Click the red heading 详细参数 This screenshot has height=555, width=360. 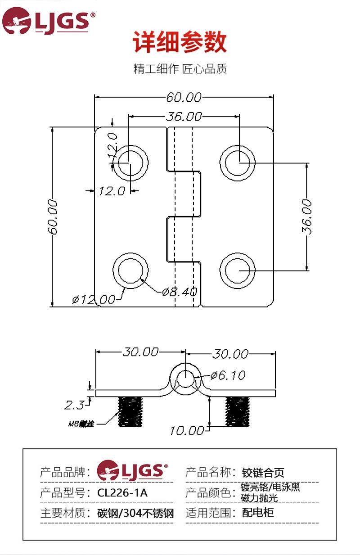[180, 43]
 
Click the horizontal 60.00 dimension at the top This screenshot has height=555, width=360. [184, 97]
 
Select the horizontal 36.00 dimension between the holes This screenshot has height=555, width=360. [184, 117]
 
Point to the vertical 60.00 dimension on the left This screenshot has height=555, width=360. [53, 217]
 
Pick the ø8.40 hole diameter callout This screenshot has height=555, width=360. [180, 291]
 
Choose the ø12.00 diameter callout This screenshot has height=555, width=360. [94, 299]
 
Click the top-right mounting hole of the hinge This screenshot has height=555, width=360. [238, 162]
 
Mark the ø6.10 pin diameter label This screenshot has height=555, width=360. [228, 375]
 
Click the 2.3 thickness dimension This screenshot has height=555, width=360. [74, 405]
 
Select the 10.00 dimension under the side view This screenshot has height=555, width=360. [187, 431]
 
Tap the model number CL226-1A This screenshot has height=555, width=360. [122, 493]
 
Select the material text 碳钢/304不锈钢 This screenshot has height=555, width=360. [135, 513]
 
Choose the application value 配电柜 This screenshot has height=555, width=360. [258, 513]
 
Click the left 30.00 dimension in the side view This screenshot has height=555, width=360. [140, 352]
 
